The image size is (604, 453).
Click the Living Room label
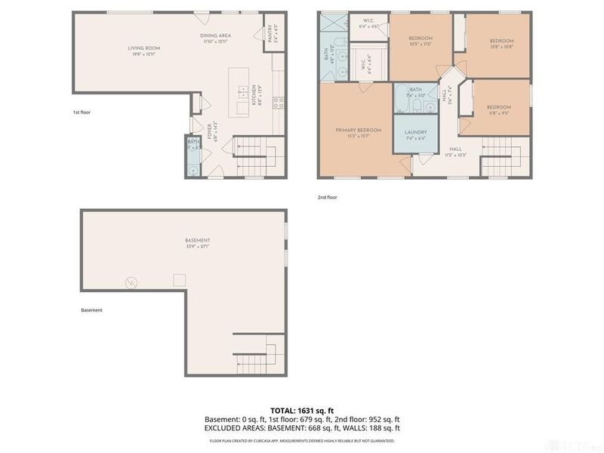pyautogui.click(x=143, y=51)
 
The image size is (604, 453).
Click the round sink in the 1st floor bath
pyautogui.click(x=193, y=171)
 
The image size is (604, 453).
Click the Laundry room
pyautogui.click(x=416, y=135)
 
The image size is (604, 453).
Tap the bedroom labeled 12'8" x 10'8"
pyautogui.click(x=501, y=44)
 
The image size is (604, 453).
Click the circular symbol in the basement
pyautogui.click(x=131, y=283)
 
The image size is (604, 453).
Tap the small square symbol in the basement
pyautogui.click(x=180, y=280)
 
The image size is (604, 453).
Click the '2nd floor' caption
pyautogui.click(x=327, y=197)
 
